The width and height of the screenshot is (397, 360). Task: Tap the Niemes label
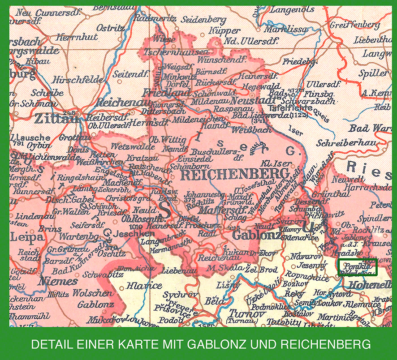point(58,281)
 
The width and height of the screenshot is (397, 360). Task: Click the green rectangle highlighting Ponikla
point(358,267)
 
